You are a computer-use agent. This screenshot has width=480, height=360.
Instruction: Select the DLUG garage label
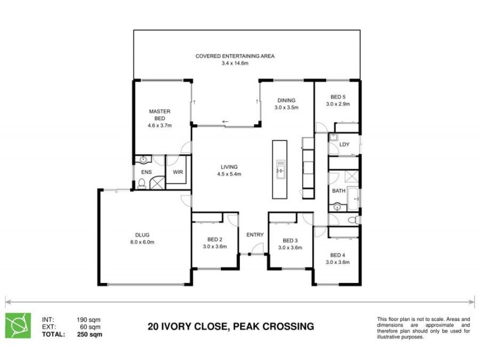pyautogui.click(x=142, y=235)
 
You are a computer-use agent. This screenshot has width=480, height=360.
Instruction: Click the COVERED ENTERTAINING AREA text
pyautogui.click(x=235, y=56)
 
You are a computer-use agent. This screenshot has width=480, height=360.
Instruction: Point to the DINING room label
pyautogui.click(x=286, y=100)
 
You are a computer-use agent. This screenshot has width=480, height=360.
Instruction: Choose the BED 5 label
pyautogui.click(x=338, y=97)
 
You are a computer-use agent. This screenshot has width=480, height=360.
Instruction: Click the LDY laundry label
pyautogui.click(x=344, y=145)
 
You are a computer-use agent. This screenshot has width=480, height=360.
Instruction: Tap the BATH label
pyautogui.click(x=339, y=191)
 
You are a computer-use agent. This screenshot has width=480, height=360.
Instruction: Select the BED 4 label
pyautogui.click(x=338, y=254)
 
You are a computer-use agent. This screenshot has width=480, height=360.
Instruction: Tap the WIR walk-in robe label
pyautogui.click(x=178, y=172)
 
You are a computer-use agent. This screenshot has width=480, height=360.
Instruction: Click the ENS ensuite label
pyautogui.click(x=146, y=172)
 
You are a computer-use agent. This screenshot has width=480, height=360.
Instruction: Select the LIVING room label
pyautogui.click(x=229, y=167)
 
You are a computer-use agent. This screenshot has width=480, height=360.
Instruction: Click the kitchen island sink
pyautogui.click(x=280, y=171)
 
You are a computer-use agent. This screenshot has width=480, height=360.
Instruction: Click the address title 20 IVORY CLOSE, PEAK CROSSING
pyautogui.click(x=231, y=327)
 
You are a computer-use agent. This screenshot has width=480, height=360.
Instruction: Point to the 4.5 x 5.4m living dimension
pyautogui.click(x=229, y=175)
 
